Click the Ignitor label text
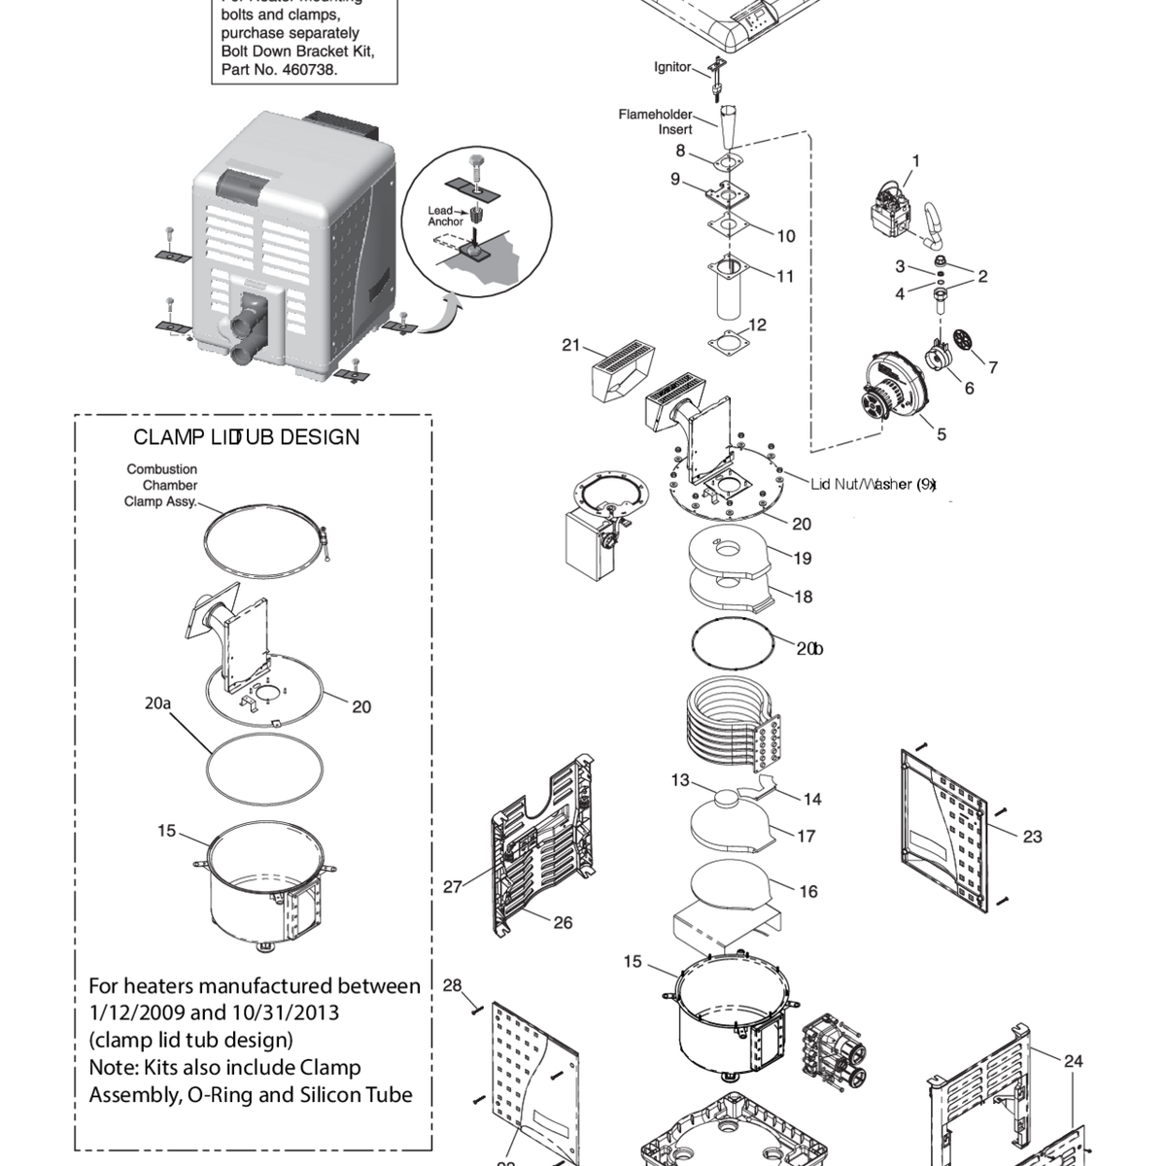(x=672, y=67)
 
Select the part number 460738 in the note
(x=309, y=69)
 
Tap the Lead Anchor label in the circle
(x=445, y=216)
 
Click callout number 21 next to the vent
(x=571, y=345)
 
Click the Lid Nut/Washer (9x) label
(x=873, y=484)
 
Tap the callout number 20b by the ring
(x=809, y=649)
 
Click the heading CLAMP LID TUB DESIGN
(x=246, y=437)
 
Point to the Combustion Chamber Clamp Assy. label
(x=161, y=485)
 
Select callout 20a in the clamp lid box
(x=157, y=703)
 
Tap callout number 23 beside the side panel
(x=1032, y=836)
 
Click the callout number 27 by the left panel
(x=453, y=886)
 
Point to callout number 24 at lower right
(x=1073, y=1061)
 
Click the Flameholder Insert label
(x=656, y=121)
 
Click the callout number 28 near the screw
(x=453, y=985)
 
